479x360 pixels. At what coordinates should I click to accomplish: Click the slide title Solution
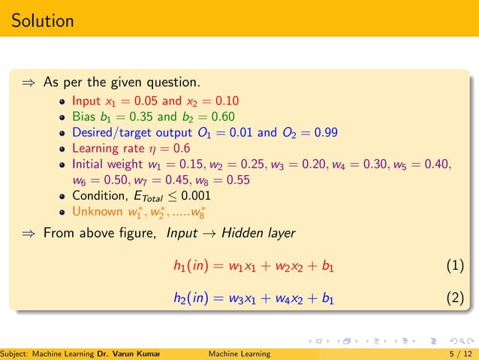(43, 20)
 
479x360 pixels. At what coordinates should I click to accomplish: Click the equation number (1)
(455, 266)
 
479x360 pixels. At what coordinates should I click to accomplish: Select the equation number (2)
(455, 299)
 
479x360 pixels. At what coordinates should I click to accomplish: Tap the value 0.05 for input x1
(145, 100)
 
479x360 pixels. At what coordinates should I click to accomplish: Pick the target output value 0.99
(323, 133)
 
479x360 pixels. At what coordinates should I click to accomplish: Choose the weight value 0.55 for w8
(234, 180)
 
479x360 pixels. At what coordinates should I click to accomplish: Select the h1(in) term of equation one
(189, 266)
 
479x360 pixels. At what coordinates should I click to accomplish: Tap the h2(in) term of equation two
(189, 299)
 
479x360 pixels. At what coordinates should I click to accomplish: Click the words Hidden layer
(260, 233)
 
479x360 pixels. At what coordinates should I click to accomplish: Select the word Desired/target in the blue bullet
(113, 133)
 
